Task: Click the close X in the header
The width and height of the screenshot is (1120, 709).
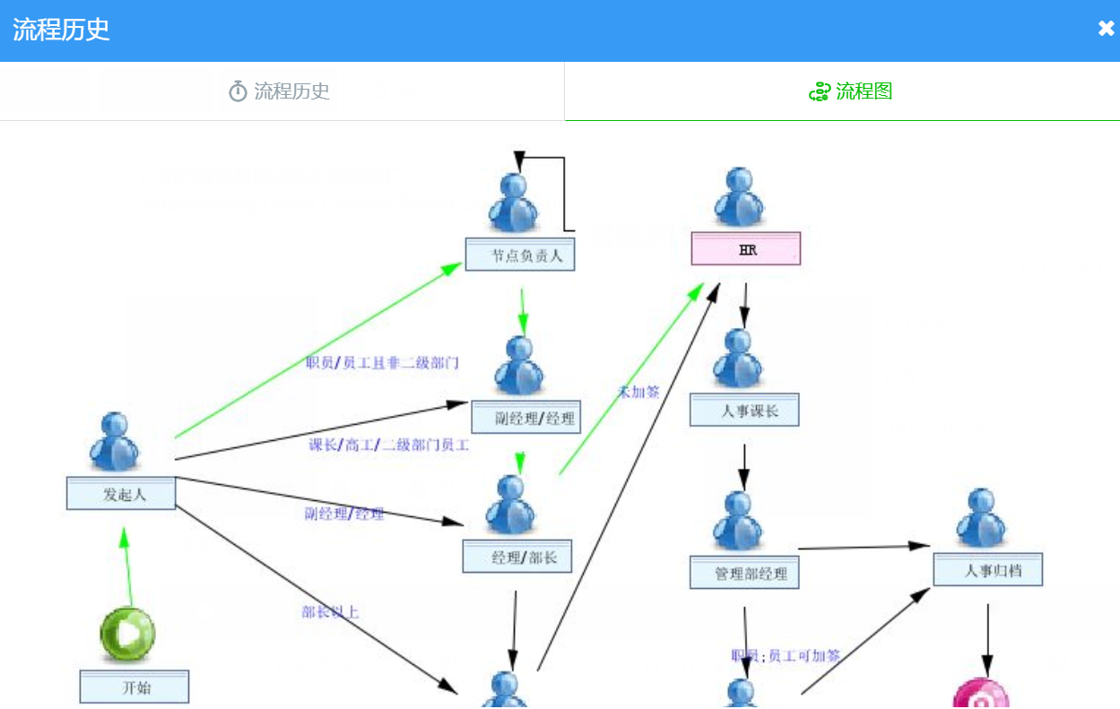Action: (x=1106, y=29)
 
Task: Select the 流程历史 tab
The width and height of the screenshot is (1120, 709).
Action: (x=281, y=91)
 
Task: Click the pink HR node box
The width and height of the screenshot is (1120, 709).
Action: (x=745, y=249)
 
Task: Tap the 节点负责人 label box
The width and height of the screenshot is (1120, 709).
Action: (x=520, y=255)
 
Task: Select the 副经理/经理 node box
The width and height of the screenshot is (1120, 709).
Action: (x=526, y=418)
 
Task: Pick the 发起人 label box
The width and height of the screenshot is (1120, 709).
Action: (x=121, y=493)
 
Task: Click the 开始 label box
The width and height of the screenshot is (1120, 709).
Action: (x=135, y=687)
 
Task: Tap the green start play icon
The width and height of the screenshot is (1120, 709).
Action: (x=127, y=634)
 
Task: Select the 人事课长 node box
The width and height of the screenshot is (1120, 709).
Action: (x=744, y=411)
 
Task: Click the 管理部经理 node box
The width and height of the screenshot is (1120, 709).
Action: (x=744, y=573)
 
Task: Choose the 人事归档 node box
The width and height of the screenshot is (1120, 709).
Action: (x=988, y=569)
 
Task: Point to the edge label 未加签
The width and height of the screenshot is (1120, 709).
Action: (x=638, y=392)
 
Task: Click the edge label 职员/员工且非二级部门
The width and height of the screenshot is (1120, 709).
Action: (x=383, y=363)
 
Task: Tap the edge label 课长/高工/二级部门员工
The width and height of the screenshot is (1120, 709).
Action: (x=388, y=445)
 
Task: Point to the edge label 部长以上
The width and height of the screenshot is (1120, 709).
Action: (x=331, y=612)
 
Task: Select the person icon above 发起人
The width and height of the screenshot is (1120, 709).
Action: (x=115, y=442)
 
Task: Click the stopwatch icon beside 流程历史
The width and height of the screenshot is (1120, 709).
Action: (x=238, y=91)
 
